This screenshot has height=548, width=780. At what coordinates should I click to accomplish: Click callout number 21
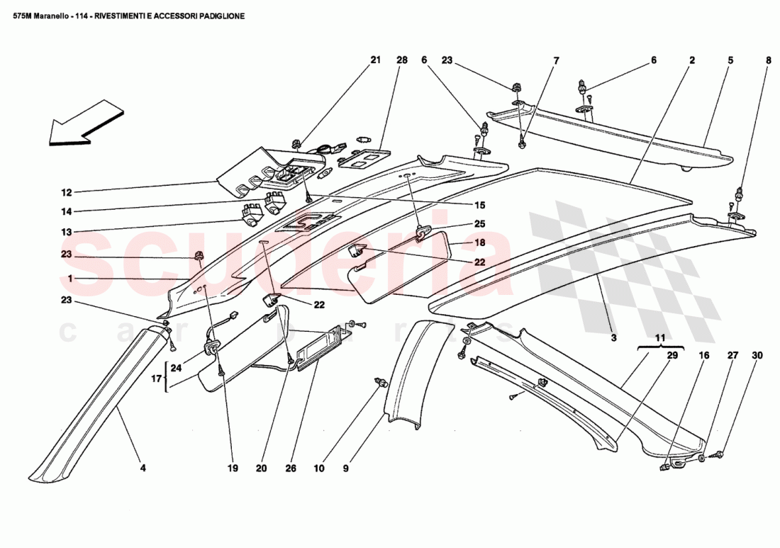376,60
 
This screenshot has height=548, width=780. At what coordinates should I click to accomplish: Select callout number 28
402,60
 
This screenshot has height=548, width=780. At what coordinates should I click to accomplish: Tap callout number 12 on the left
66,192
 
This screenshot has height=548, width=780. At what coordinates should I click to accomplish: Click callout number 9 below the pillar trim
347,468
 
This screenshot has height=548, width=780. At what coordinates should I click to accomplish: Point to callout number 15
479,206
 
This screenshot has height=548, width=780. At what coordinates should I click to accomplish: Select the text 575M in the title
25,15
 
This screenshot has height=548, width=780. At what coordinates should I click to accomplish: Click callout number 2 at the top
691,60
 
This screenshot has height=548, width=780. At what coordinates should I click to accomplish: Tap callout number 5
730,60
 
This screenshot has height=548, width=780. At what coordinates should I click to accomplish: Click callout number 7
556,60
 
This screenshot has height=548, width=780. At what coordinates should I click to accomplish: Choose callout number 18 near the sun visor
479,242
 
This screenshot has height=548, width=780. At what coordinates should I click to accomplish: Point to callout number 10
319,468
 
